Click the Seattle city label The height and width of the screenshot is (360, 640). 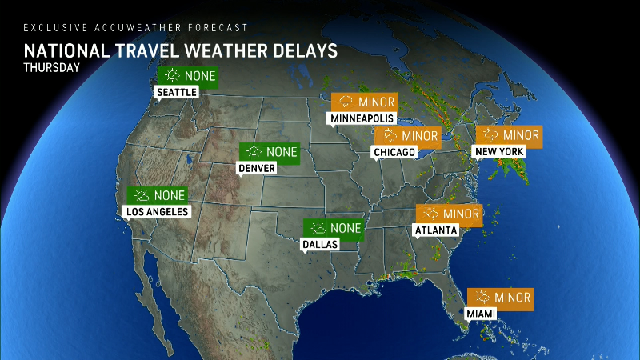pos(176,93)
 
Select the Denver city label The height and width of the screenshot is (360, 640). pos(257,168)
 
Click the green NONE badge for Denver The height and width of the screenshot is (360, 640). pos(270,151)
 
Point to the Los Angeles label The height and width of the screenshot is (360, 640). pos(158,212)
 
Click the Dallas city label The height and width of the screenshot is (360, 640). pos(320,245)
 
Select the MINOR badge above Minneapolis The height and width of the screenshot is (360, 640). pos(365,102)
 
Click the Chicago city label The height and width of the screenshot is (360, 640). pos(394,152)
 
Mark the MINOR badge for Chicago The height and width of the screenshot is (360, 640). pos(407,135)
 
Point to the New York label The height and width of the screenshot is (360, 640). pos(499,151)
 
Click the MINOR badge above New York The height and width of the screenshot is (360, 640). pos(509,134)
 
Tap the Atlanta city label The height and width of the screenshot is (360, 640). pos(435,230)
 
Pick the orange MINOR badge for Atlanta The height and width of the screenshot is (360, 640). pos(449,214)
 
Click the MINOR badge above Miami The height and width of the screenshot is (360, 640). pos(500,298)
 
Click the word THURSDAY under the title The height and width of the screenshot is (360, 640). pos(52,68)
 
